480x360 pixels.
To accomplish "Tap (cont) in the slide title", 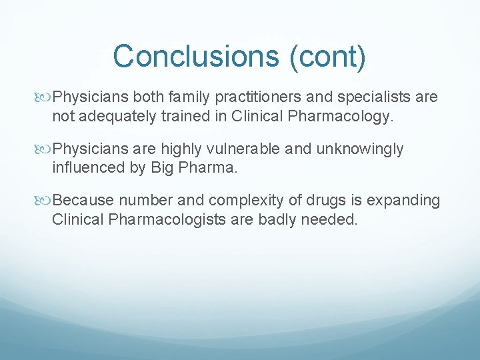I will coord(327,56).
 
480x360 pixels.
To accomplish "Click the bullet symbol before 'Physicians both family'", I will coord(45,97).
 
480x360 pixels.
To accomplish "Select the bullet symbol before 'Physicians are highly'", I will coord(45,149).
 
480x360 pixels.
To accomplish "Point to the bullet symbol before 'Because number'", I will coord(45,201).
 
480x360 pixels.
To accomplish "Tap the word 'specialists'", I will coord(367,97).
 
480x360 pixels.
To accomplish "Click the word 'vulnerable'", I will coord(242,149).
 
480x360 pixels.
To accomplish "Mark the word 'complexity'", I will coord(241,201).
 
